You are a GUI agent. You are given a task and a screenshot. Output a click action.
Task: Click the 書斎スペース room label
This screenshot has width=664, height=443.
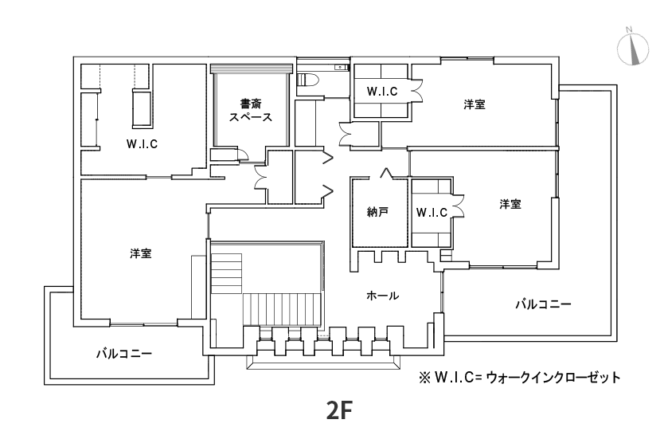point(251,110)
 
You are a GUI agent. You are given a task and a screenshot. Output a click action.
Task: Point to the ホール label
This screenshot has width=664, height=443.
point(382,296)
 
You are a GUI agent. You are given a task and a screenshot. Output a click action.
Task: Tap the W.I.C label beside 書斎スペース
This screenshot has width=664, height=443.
point(142,144)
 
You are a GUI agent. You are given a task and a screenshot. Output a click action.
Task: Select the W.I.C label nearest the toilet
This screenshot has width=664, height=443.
point(381,92)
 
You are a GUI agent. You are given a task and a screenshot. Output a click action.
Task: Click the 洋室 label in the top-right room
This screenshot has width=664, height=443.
point(475,104)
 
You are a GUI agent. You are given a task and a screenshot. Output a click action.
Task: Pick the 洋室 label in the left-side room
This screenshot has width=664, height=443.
point(141,253)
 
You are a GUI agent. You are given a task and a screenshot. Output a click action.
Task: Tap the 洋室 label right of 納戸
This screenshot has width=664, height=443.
point(510,204)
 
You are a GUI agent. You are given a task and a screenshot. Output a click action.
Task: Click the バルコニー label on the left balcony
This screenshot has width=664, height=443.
point(124,352)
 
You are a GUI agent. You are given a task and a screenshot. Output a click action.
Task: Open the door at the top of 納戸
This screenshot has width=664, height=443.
point(385,172)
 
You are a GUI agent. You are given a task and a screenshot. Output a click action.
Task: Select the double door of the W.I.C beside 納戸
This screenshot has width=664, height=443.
point(459,206)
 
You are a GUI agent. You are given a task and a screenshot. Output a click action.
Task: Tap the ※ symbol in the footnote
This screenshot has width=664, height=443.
point(424,375)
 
